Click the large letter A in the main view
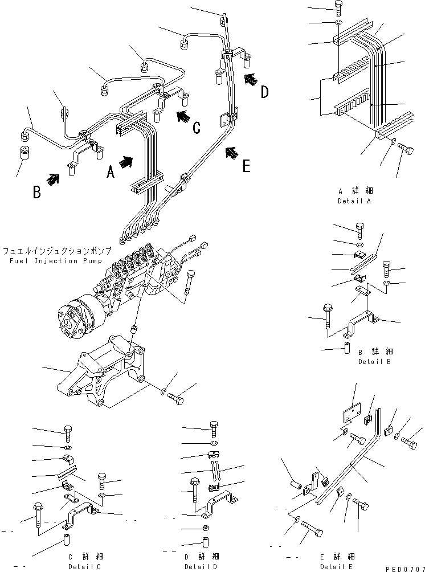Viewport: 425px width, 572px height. [111, 171]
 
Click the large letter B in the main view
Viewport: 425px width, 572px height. [36, 192]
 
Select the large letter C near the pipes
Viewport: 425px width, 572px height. [196, 128]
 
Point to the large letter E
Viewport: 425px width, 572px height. [246, 166]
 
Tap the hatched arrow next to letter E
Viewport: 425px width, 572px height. [230, 153]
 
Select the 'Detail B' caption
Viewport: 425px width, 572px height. [374, 361]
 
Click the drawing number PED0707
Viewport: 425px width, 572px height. [403, 568]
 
